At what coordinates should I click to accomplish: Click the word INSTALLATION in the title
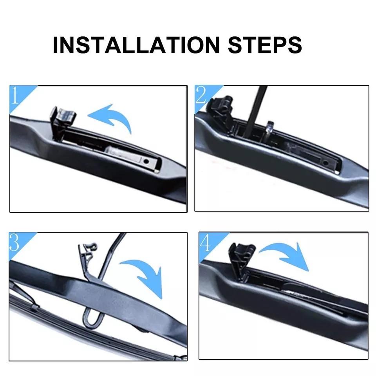coord(136,45)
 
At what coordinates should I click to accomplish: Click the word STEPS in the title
coord(265,45)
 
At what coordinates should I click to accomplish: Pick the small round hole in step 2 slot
coord(325,162)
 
